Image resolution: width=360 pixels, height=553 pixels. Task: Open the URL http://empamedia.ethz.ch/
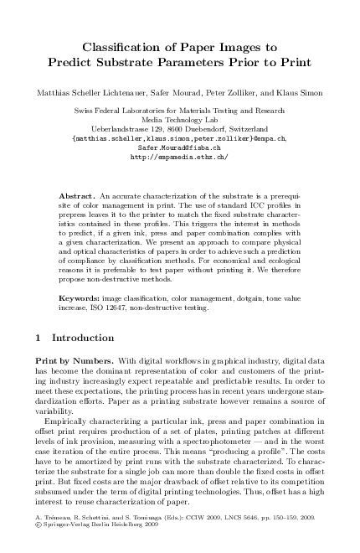pyautogui.click(x=180, y=157)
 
